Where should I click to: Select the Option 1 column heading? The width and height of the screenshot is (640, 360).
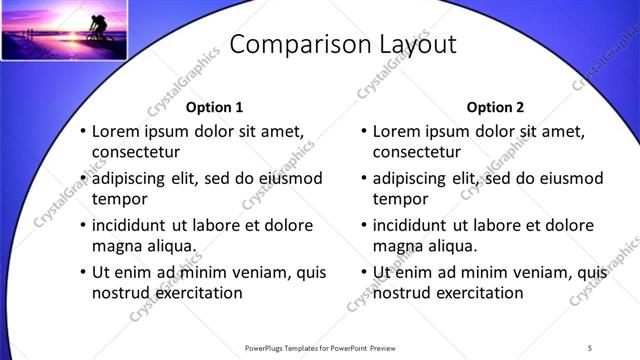tap(215, 107)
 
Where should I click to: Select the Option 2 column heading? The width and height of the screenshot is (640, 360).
tap(495, 107)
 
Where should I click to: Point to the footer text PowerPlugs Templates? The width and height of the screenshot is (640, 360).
tap(289, 348)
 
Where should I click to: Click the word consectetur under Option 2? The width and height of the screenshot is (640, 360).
tap(417, 153)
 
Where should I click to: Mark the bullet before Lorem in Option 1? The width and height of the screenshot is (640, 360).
tap(83, 131)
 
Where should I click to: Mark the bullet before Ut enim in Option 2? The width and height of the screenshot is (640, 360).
tap(364, 271)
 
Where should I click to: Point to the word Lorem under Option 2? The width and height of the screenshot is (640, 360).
tap(396, 130)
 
